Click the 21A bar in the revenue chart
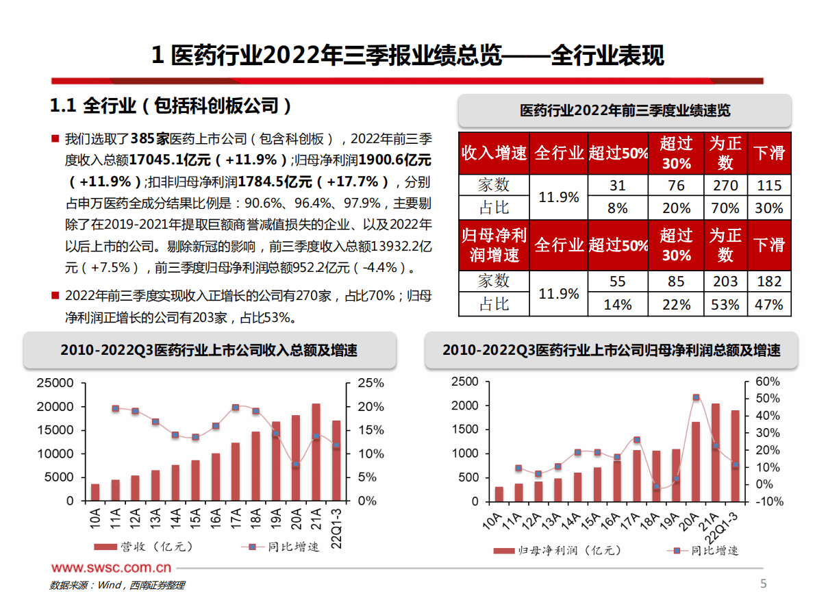[316, 452]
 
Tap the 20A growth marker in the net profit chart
[696, 397]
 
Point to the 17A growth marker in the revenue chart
[236, 408]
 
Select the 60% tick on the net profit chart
[768, 382]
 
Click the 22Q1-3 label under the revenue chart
[336, 525]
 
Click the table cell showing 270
[725, 185]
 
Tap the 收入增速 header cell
[494, 153]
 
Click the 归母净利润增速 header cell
[494, 245]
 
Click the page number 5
[764, 584]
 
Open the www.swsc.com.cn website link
[111, 568]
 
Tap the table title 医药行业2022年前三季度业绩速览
[625, 111]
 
